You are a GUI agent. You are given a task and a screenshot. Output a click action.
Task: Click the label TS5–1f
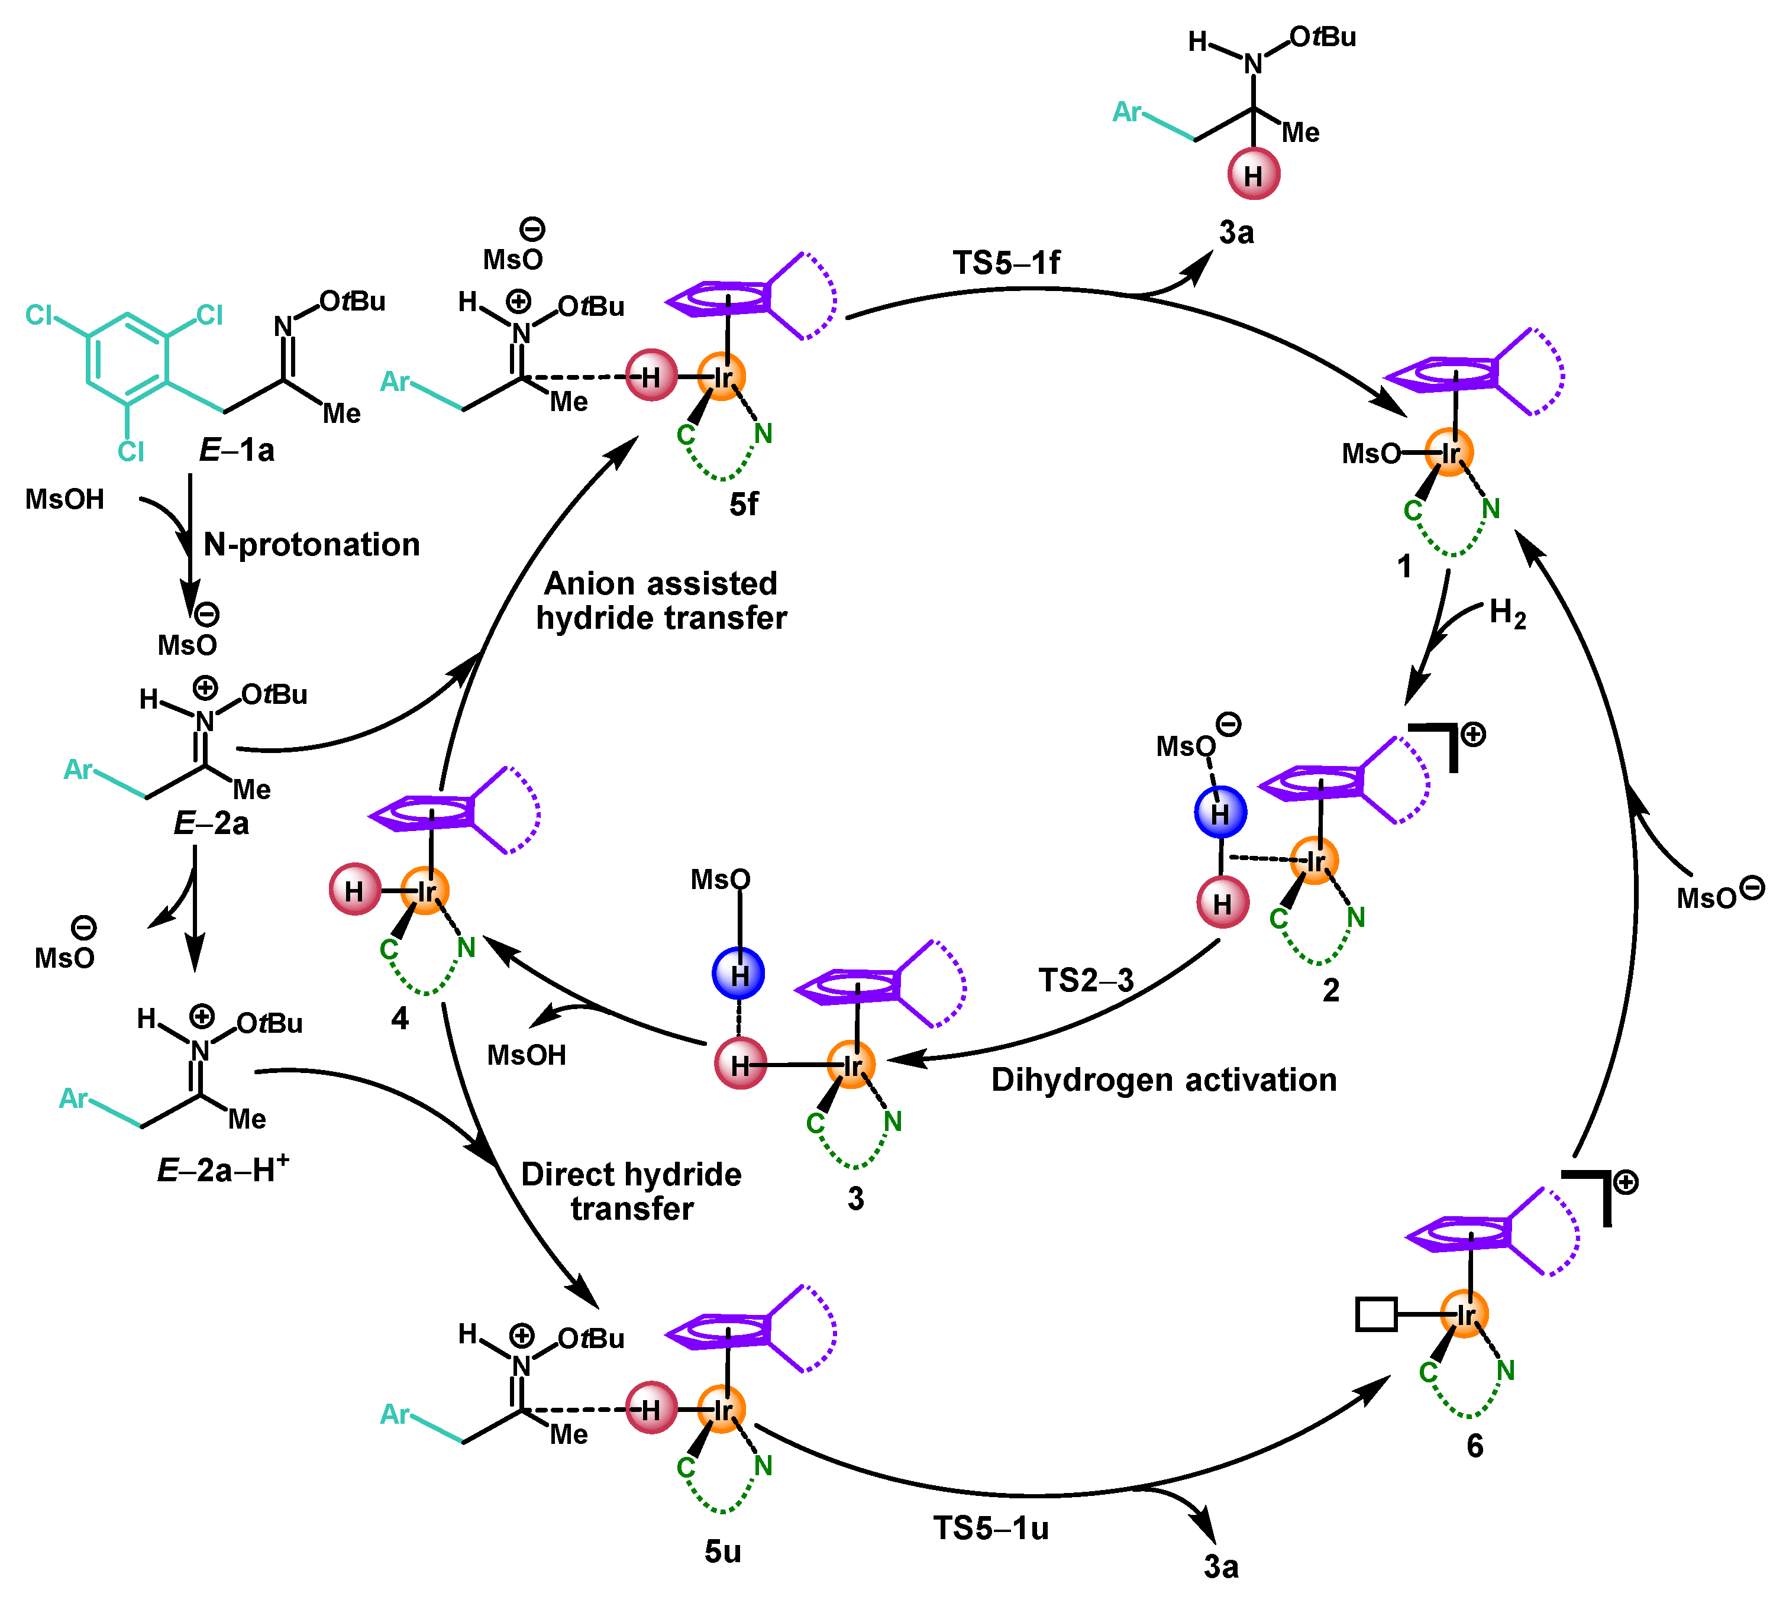tap(1006, 263)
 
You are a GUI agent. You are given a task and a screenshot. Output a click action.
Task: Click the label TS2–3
tap(1085, 980)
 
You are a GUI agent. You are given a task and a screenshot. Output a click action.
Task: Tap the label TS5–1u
tap(991, 1528)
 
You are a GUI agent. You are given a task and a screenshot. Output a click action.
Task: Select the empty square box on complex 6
tap(1375, 1314)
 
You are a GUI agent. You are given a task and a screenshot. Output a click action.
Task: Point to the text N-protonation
tap(312, 544)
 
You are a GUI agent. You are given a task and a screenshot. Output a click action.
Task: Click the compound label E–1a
tap(236, 450)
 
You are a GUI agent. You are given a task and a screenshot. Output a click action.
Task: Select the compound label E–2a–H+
tap(222, 1169)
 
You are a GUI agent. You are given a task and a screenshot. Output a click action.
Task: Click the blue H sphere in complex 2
tap(1220, 812)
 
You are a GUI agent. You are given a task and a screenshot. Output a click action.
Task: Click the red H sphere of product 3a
tap(1253, 174)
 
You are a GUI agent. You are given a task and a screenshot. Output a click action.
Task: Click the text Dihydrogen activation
tap(1164, 1080)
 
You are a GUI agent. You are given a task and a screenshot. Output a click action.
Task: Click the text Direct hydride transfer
tap(631, 1191)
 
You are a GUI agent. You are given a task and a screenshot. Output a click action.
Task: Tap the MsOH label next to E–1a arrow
tap(64, 499)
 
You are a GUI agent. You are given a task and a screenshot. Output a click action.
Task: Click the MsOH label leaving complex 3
tap(527, 1054)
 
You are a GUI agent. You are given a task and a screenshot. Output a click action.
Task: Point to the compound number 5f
tap(743, 504)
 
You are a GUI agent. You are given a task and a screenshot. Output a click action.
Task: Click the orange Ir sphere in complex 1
tap(1449, 453)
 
